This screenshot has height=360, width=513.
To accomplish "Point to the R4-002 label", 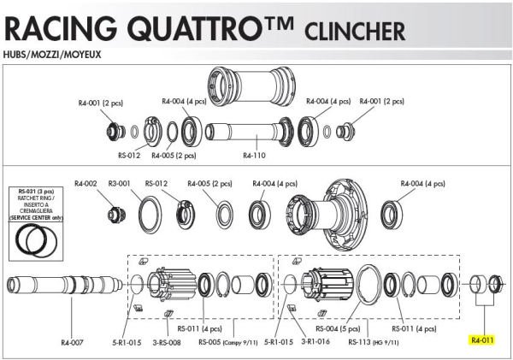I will pyautogui.click(x=86, y=182).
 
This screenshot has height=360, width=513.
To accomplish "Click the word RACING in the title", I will pyautogui.click(x=55, y=28).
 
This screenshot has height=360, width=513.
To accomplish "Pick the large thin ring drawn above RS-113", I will pyautogui.click(x=369, y=282).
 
